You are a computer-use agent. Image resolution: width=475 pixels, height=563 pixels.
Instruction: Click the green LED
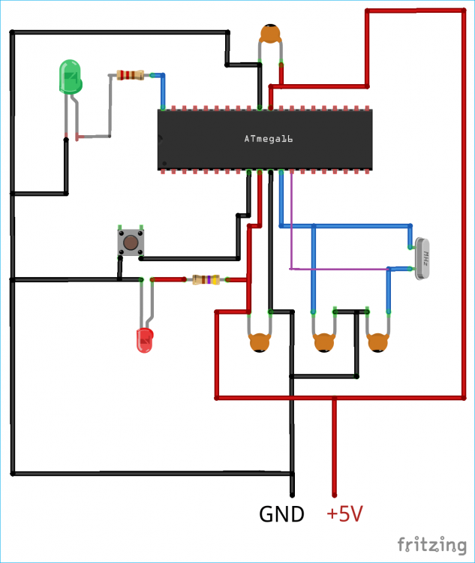point(70,77)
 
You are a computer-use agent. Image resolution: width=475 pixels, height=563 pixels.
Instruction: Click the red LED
point(144,340)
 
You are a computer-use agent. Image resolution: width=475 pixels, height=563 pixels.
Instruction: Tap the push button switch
point(131,242)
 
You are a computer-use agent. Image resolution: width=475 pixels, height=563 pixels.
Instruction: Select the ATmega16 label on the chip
point(268,139)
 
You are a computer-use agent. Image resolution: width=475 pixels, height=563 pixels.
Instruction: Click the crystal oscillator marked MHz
point(424,259)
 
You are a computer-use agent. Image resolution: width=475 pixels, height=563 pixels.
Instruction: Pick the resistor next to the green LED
point(131,75)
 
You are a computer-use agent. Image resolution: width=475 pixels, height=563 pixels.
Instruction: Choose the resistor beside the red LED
point(206,280)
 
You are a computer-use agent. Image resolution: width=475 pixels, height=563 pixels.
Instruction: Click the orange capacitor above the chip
point(271,34)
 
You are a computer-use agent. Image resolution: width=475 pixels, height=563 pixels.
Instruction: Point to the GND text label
point(281,514)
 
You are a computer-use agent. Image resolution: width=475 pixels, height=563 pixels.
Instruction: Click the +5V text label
point(345,514)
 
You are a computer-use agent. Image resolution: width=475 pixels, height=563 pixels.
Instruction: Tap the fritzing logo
point(431,543)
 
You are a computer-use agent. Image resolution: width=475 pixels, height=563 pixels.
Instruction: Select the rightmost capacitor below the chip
point(378,342)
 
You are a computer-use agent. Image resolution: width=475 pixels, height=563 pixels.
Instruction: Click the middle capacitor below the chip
point(323,342)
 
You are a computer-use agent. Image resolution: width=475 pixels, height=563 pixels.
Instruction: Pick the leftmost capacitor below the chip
point(260,342)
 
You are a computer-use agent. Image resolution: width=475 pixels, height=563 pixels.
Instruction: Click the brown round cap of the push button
point(131,242)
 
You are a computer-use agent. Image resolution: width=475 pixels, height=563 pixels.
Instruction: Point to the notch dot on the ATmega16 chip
point(161,139)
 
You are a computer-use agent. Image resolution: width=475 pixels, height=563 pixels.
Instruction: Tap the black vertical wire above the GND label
point(290,443)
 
